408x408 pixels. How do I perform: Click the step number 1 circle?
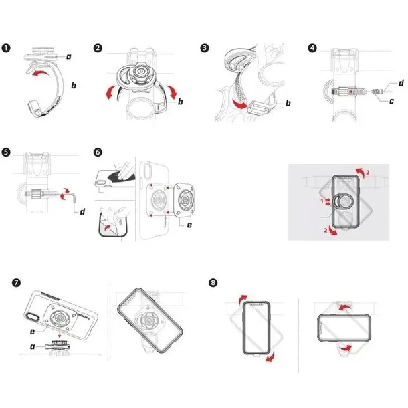click(x=7, y=48)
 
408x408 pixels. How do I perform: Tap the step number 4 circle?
click(x=312, y=48)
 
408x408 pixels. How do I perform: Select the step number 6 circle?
click(x=98, y=152)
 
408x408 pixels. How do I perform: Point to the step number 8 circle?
click(x=213, y=283)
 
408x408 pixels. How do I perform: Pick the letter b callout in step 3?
click(x=287, y=104)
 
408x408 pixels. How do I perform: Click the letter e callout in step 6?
click(x=189, y=225)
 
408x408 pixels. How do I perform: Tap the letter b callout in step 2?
click(x=181, y=100)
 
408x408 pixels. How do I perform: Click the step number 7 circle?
click(x=15, y=283)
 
